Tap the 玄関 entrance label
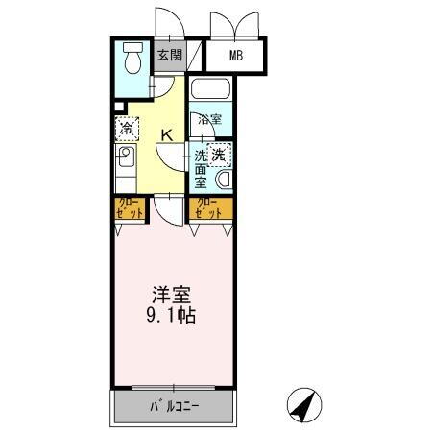coord(170,55)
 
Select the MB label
coord(235,56)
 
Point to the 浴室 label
coord(209,120)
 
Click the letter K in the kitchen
coord(165,134)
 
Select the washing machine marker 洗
coord(220,154)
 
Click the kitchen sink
coord(126,156)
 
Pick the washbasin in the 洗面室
coord(224,180)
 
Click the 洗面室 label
coord(202,167)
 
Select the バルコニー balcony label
coord(173,406)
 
